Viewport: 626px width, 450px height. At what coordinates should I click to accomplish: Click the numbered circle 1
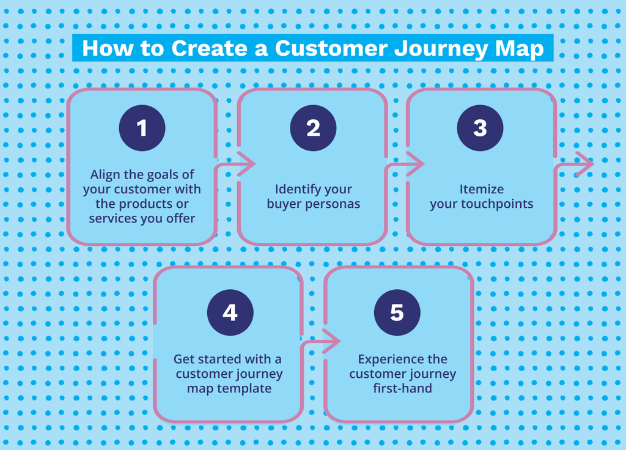point(142,128)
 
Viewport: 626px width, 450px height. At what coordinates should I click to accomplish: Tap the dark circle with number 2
point(313,128)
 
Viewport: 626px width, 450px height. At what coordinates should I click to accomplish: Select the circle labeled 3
point(480,128)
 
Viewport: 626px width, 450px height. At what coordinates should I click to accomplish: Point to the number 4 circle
point(230,312)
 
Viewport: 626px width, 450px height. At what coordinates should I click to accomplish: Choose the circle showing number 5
point(397,312)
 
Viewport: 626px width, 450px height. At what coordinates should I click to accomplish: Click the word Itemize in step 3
point(482,189)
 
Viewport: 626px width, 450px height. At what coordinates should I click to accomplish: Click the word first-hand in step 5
point(402,388)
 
